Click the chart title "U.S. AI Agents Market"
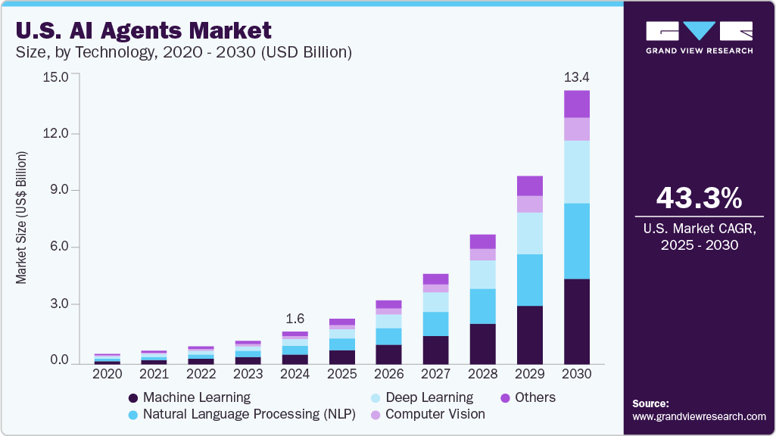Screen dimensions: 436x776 (x=143, y=31)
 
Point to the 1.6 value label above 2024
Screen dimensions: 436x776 (x=295, y=319)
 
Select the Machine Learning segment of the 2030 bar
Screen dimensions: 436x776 (x=577, y=321)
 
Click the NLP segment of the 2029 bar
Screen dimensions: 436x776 (x=529, y=280)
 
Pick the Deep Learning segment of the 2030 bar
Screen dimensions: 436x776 (x=577, y=172)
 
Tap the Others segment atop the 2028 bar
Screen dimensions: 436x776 (x=482, y=241)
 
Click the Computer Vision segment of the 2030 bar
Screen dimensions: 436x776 (x=577, y=129)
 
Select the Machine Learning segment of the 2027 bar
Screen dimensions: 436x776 (x=435, y=350)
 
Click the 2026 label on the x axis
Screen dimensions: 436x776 (x=388, y=374)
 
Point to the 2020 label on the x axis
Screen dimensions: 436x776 (x=107, y=374)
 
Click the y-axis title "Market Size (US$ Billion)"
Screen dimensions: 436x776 (x=21, y=218)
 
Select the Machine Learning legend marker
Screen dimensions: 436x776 (x=133, y=398)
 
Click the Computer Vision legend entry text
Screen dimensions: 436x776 (x=435, y=414)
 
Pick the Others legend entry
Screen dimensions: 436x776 (x=534, y=397)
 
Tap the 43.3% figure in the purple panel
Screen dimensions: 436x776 (x=699, y=198)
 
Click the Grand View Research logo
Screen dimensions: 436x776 (x=699, y=37)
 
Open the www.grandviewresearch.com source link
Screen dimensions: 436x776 (x=699, y=416)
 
